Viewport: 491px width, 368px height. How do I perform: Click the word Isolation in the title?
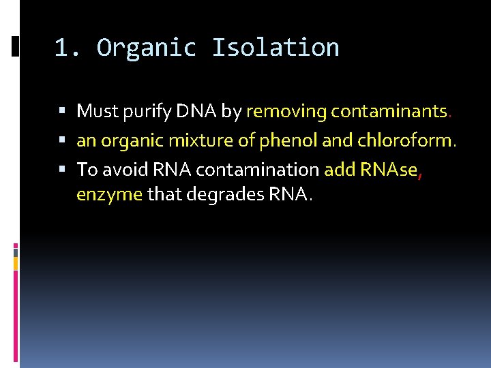(x=275, y=48)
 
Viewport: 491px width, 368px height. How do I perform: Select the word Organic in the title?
(x=147, y=48)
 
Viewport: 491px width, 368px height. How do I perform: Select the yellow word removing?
(x=286, y=112)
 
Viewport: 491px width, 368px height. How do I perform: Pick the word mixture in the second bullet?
(x=194, y=140)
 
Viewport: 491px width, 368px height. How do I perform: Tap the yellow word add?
(x=339, y=169)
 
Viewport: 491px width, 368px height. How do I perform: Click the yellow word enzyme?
(x=109, y=195)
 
